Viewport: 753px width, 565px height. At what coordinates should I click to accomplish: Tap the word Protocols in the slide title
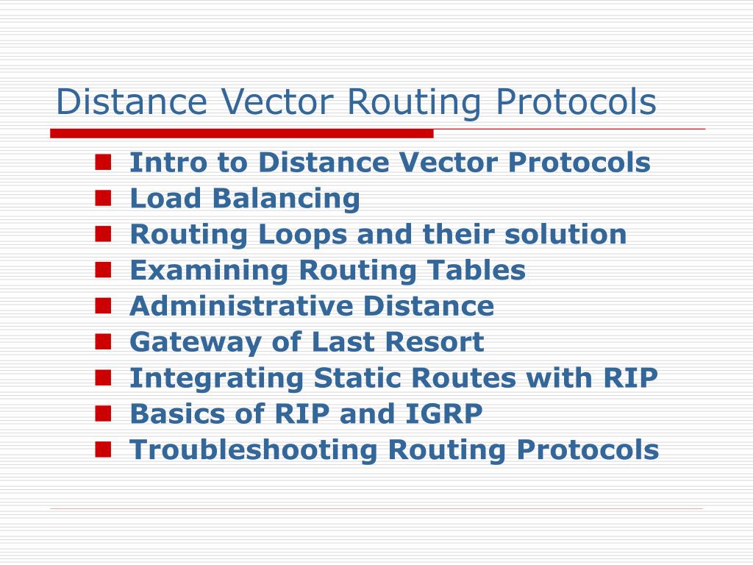pyautogui.click(x=576, y=102)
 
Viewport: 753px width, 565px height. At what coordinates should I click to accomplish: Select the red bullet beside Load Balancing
pyautogui.click(x=103, y=197)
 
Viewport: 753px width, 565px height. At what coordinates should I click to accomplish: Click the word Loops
pyautogui.click(x=303, y=235)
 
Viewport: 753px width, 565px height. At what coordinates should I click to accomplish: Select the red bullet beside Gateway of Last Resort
pyautogui.click(x=103, y=341)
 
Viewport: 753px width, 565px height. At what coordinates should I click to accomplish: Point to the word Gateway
pyautogui.click(x=187, y=342)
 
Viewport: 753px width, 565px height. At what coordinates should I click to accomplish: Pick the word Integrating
pyautogui.click(x=217, y=378)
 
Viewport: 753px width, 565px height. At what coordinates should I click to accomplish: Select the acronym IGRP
pyautogui.click(x=448, y=413)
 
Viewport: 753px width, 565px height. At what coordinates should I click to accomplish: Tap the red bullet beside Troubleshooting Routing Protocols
pyautogui.click(x=103, y=448)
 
